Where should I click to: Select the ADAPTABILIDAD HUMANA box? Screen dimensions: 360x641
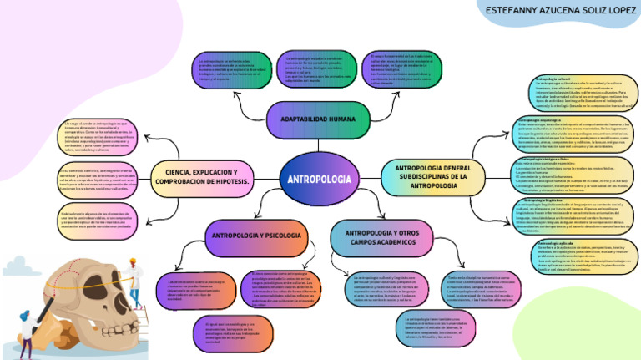coord(318,119)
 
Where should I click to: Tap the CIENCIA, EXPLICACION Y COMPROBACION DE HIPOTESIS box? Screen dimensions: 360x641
coord(202,175)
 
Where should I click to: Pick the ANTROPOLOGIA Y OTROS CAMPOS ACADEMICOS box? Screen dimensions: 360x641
coord(381,236)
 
